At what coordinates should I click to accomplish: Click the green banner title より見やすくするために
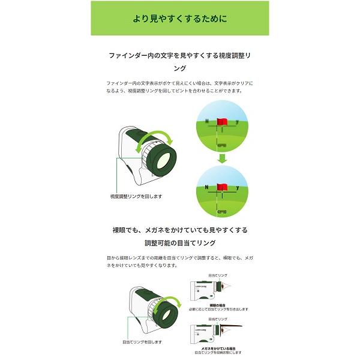179,18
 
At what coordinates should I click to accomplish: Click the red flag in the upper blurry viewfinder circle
221,122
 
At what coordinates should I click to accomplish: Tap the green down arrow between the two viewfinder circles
222,158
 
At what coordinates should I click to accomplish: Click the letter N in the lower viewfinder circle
206,187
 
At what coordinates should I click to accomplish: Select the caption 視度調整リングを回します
136,196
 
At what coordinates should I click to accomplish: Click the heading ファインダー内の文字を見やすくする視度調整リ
179,55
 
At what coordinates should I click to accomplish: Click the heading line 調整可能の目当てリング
179,243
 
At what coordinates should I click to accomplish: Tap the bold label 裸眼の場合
218,305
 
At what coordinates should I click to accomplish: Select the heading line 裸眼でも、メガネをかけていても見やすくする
179,230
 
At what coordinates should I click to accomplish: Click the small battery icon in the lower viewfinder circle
221,211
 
